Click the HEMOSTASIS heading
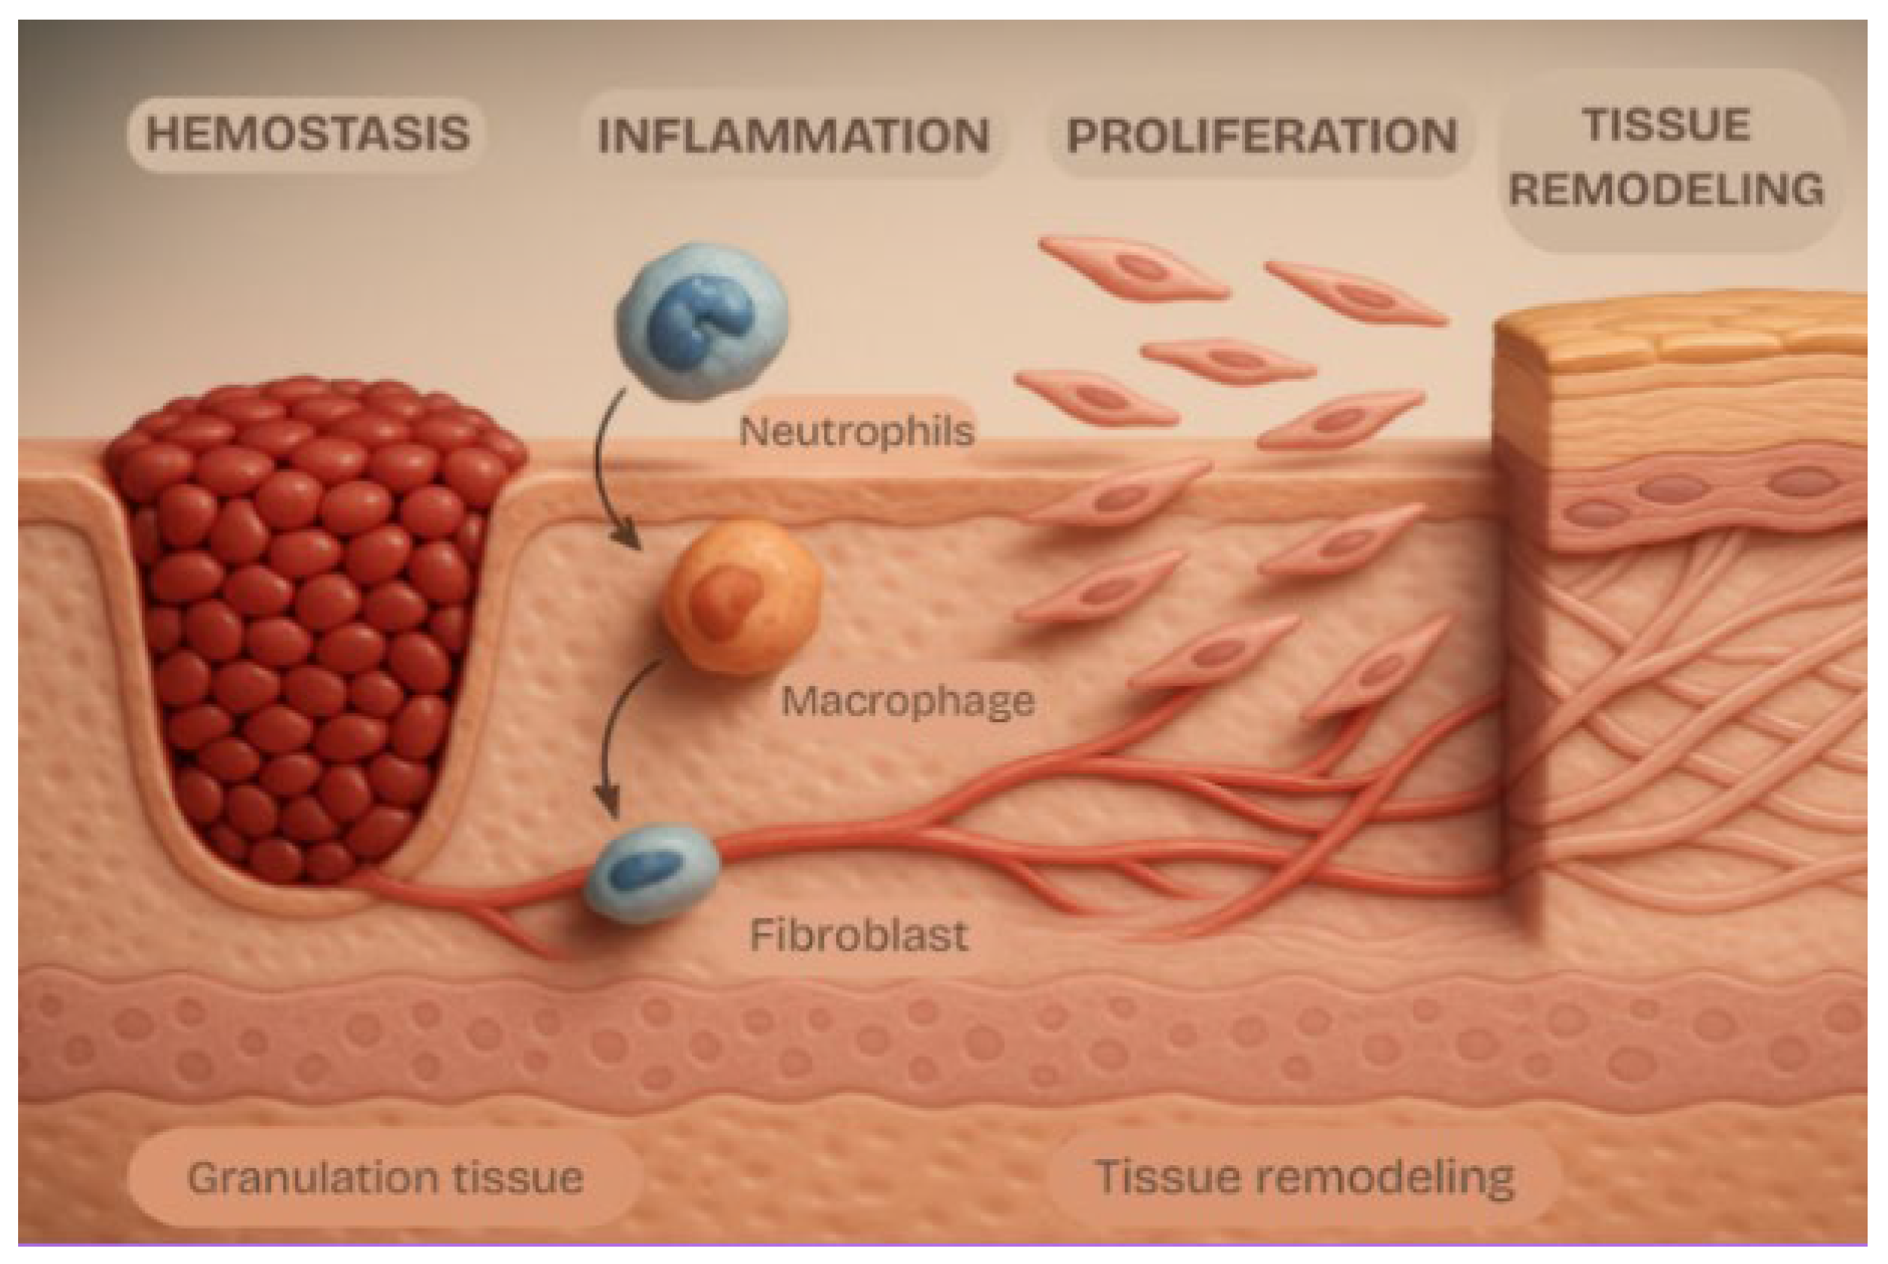307,134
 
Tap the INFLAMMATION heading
793,135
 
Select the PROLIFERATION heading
1262,135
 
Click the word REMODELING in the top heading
1666,190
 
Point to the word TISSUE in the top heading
1666,125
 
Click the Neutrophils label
856,432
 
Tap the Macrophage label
908,701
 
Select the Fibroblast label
859,936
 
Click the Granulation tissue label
386,1178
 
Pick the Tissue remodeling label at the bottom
1305,1178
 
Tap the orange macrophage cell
742,596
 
